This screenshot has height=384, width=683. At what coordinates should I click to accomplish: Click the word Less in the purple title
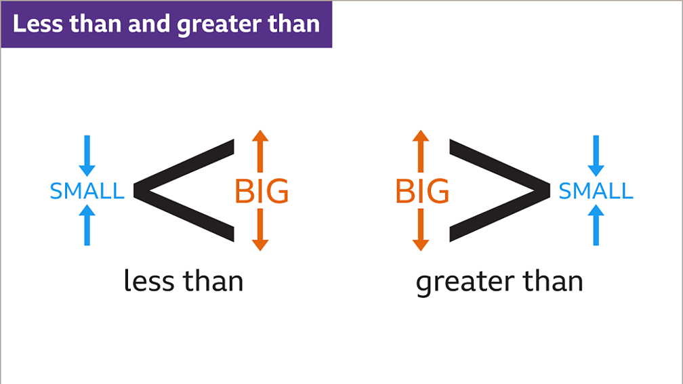coord(37,24)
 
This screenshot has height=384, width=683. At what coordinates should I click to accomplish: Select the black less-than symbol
coord(184,190)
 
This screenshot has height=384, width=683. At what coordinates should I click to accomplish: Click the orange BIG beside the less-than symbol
coord(262,192)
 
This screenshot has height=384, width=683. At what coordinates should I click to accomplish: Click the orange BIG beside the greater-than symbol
coord(422,192)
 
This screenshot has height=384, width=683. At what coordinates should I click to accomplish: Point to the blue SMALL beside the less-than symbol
coord(87,192)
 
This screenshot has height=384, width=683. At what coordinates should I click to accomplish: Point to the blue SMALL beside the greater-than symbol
coord(596,192)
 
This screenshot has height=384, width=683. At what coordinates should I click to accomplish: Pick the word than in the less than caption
coord(213,280)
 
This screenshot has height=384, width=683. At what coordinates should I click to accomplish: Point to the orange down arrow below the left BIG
coord(261,230)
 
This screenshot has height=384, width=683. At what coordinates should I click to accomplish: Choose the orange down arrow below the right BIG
coord(421,230)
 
